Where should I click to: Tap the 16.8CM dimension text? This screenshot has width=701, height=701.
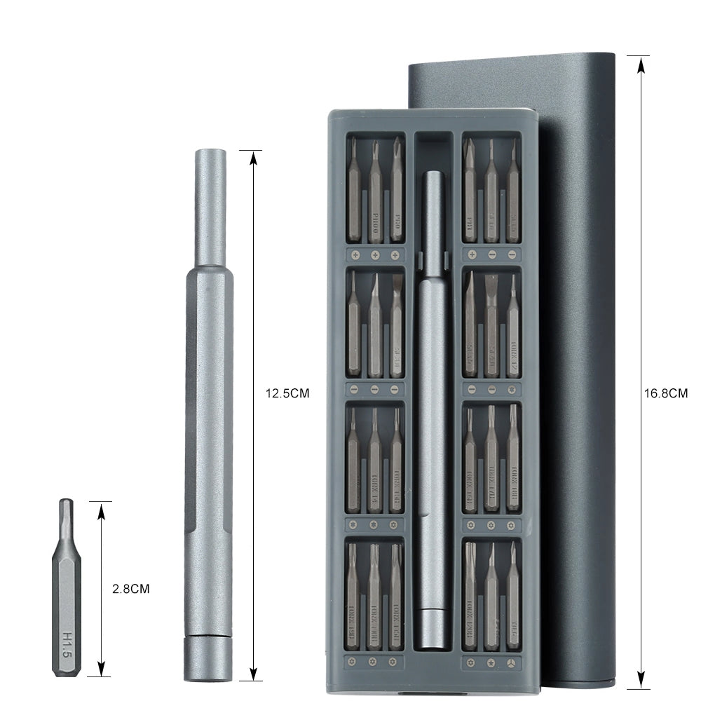pos(665,394)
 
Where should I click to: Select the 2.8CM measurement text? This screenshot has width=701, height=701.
pos(131,590)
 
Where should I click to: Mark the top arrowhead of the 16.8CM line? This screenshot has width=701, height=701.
pos(639,62)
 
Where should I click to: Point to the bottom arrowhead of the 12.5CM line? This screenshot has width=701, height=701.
pos(251,673)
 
